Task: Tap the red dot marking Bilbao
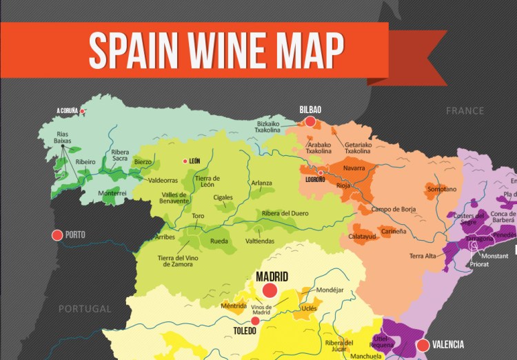coord(310,121)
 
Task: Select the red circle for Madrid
coord(270,290)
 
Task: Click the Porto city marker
coord(57,235)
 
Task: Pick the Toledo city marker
coord(256,321)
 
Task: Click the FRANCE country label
coord(465,111)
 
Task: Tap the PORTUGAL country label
coord(85,308)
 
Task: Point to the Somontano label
coord(441,189)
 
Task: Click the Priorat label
coord(480,263)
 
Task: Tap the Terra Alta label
coord(423,256)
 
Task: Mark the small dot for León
coord(185,161)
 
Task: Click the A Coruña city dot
coord(83,110)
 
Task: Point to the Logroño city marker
coord(321,172)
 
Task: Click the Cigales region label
coord(223,197)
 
